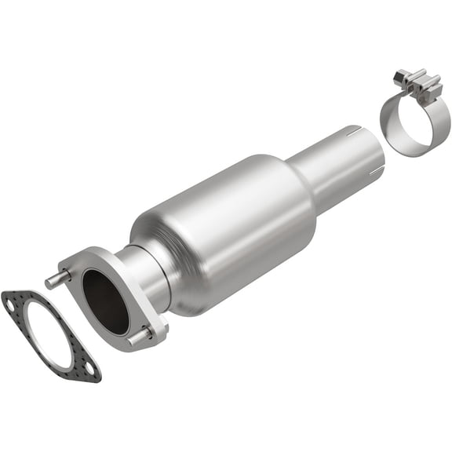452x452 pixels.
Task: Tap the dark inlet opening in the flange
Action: (104, 301)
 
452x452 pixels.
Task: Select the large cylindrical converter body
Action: (228, 228)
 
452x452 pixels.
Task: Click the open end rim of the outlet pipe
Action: (374, 149)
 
